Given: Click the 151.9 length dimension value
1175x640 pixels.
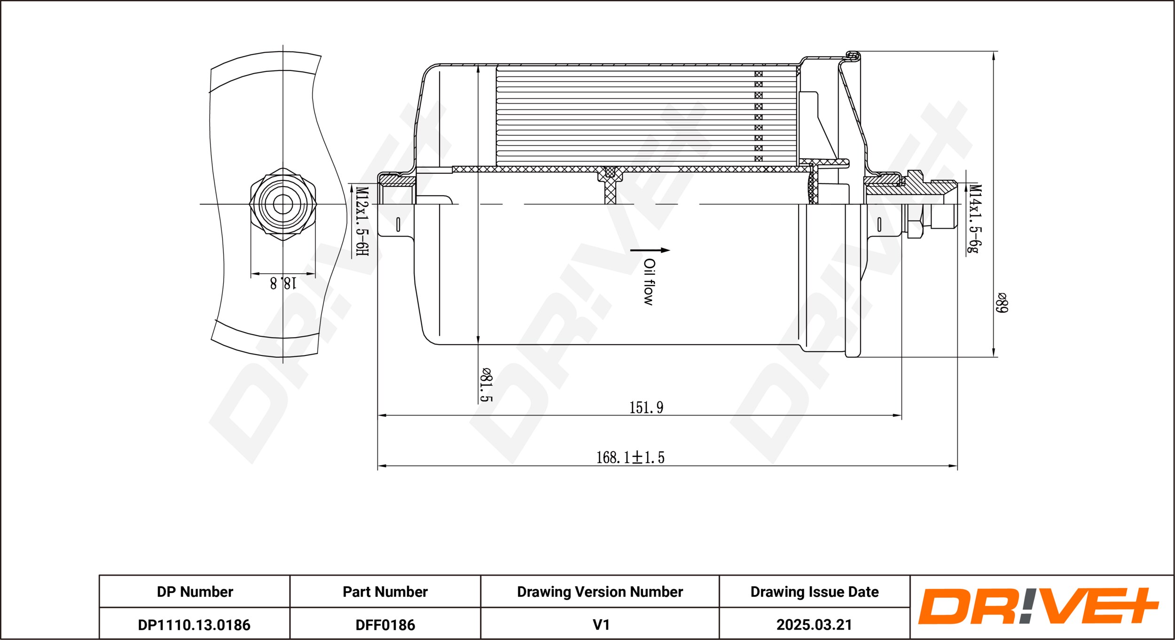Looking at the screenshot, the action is pos(646,407).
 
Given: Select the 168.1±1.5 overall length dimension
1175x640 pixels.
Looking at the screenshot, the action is pos(630,457).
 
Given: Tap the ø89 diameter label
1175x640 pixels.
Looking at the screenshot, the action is pos(1002,303).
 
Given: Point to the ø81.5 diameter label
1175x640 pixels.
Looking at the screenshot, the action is pos(486,385).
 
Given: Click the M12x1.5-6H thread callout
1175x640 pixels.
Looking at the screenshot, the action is pos(361,222).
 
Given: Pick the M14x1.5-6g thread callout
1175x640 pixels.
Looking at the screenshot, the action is pos(975,218).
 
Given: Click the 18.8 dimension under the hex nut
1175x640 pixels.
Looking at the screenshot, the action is pos(283,283).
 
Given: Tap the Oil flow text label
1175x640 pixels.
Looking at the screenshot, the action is pos(649,282).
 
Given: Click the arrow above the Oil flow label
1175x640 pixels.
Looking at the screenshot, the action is pos(650,250).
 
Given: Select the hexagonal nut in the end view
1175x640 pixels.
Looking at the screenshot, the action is pos(283,204).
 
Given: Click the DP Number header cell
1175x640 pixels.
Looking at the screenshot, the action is pos(195,592).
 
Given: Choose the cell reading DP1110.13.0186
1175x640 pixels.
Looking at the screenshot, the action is pos(195,625).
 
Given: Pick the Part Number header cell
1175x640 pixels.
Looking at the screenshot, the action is pos(385,592).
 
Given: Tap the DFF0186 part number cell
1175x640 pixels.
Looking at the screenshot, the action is pos(385,625).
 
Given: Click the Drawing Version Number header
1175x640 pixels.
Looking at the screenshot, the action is pos(600,592).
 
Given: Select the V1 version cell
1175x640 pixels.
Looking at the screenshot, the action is pos(600,625).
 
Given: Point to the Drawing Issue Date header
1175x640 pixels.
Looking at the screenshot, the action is pos(815,592).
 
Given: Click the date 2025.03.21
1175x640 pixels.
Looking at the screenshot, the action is pos(815,625).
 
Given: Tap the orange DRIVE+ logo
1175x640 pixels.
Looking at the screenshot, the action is pos(1038,606).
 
